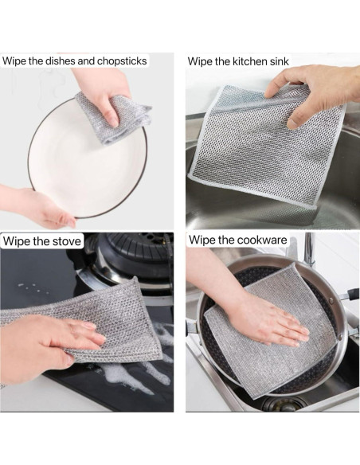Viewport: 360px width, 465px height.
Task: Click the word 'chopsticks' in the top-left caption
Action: coord(122,61)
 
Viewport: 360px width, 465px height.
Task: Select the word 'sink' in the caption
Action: coord(279,61)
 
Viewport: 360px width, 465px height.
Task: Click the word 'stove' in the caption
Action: coord(67,240)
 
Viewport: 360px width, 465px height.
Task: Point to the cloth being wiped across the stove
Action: coord(89,320)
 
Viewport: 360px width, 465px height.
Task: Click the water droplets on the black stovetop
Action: coord(33,288)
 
